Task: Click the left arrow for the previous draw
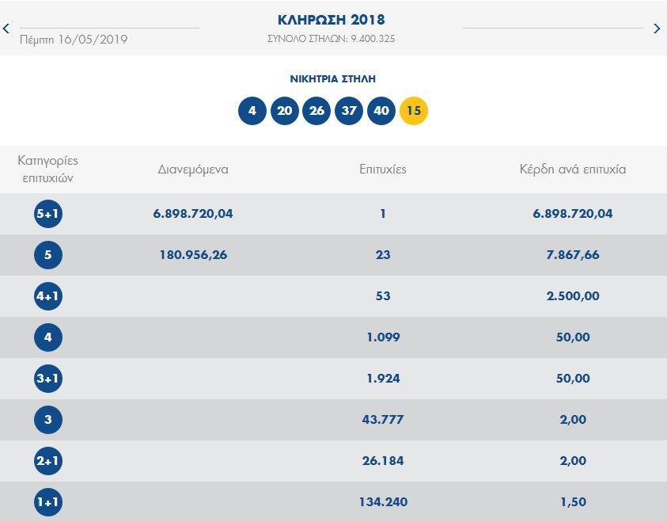(x=6, y=29)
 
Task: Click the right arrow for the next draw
(x=657, y=29)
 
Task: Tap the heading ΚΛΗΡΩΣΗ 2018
(x=332, y=20)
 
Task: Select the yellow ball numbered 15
(x=413, y=111)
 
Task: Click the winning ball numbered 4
(x=252, y=111)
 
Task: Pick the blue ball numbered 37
(x=349, y=111)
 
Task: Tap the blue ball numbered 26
(x=316, y=111)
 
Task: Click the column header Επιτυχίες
(x=383, y=169)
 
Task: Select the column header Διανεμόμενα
(x=193, y=169)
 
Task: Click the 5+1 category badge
(x=48, y=214)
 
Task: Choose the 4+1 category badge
(x=48, y=296)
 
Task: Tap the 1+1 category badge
(x=48, y=502)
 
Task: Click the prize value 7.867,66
(x=572, y=255)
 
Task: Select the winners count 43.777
(x=383, y=420)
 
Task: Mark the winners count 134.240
(x=383, y=502)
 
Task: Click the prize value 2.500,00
(x=572, y=296)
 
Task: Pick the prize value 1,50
(x=572, y=502)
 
